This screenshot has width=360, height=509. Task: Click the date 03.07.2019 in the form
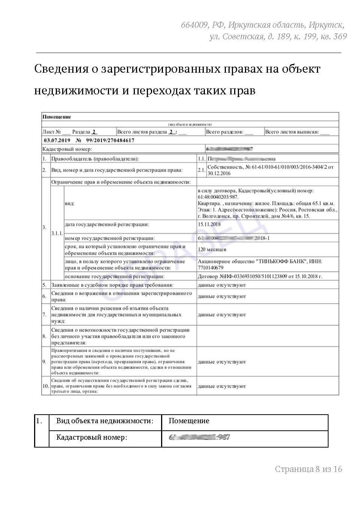click(x=57, y=140)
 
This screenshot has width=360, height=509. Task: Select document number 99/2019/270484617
click(x=110, y=140)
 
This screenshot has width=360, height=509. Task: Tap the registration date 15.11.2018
click(x=209, y=224)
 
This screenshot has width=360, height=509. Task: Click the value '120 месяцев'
click(x=212, y=249)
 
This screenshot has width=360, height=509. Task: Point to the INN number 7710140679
click(x=211, y=268)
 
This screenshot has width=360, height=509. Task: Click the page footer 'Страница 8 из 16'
click(x=308, y=469)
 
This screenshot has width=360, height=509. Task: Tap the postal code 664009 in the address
click(x=194, y=25)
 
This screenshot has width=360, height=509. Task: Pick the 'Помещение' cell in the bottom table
click(x=189, y=421)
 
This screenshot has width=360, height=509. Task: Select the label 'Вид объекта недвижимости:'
click(x=105, y=421)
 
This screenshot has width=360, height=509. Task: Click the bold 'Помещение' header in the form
click(x=57, y=117)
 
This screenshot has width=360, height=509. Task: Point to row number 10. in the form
click(x=46, y=386)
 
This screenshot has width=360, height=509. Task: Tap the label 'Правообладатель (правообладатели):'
click(x=95, y=159)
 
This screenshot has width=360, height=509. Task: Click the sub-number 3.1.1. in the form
click(x=57, y=233)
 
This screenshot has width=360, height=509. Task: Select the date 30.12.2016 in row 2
click(x=219, y=173)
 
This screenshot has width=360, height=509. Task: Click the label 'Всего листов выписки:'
click(x=292, y=132)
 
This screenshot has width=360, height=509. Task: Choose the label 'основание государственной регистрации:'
click(x=115, y=276)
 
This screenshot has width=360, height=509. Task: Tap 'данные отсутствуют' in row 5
click(x=222, y=285)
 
